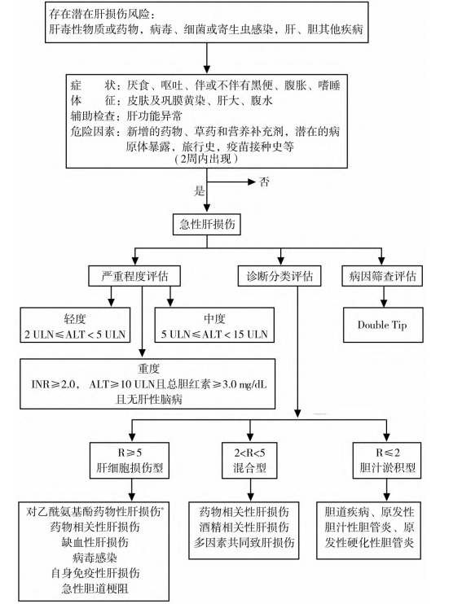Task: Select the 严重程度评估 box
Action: click(x=134, y=277)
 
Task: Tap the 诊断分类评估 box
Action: click(x=278, y=277)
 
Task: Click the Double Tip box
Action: click(x=382, y=325)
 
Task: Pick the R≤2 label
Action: click(x=382, y=451)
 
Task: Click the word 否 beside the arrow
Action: click(x=264, y=181)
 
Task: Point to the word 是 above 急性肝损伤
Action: click(x=198, y=192)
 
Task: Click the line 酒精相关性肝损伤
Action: click(x=250, y=527)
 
